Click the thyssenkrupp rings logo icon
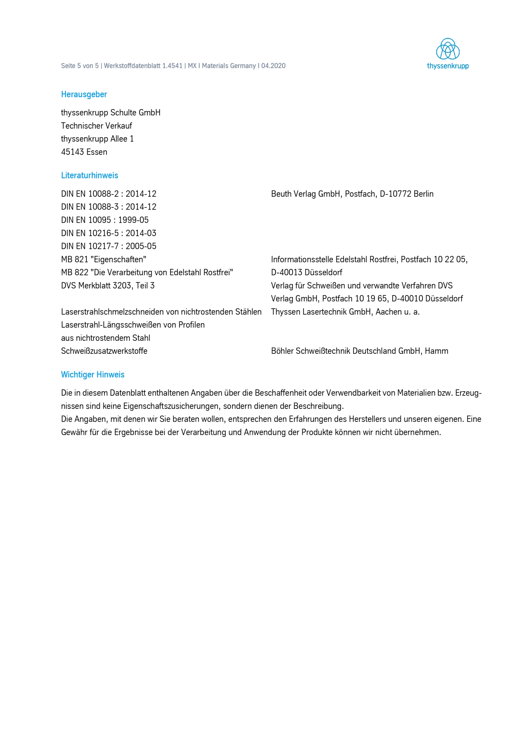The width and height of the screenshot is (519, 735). tap(448, 49)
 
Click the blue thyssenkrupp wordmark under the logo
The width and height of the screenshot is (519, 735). tap(448, 66)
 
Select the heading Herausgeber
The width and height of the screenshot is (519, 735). tap(84, 94)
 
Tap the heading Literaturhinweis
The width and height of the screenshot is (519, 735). tap(89, 175)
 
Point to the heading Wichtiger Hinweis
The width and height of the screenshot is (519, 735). tap(93, 375)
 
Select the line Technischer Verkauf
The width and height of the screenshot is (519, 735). tap(97, 126)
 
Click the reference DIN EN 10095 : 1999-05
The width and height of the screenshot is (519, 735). tap(105, 220)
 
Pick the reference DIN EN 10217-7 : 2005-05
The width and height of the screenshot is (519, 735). tap(109, 246)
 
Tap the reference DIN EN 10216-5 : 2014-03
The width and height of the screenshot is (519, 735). tap(109, 233)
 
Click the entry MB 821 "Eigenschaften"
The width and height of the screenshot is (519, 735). tap(104, 259)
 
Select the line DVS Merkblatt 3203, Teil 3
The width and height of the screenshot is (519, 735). tap(108, 286)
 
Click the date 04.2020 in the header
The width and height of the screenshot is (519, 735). tap(274, 66)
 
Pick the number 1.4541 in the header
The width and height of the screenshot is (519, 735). tap(172, 66)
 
